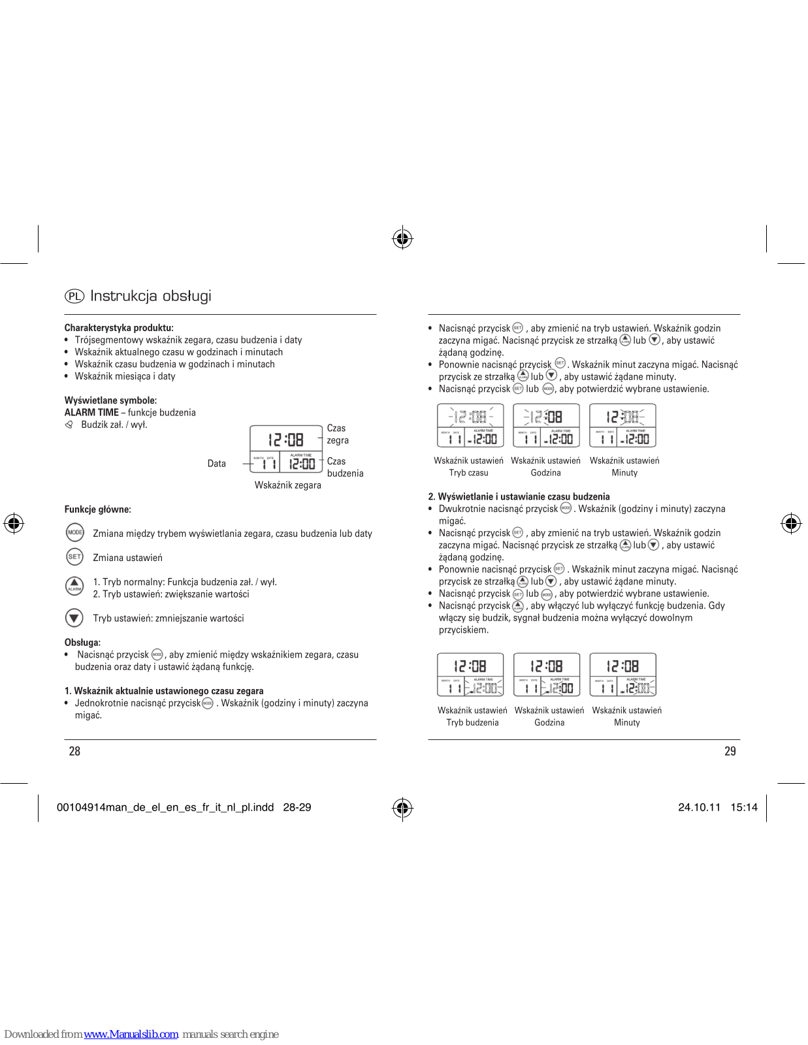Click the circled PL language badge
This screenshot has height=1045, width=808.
click(74, 297)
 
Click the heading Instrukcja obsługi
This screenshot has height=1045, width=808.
click(151, 297)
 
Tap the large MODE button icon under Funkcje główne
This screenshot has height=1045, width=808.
click(75, 532)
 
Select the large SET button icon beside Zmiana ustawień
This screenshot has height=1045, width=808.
click(75, 556)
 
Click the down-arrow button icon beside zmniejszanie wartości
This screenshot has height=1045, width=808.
click(74, 617)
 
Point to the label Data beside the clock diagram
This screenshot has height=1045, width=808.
click(216, 464)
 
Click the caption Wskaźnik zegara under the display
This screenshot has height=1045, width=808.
click(287, 485)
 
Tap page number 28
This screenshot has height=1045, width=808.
click(74, 751)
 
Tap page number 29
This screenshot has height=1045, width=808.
click(730, 751)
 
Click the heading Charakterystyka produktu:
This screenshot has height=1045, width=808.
click(119, 328)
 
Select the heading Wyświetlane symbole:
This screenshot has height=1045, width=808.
click(110, 400)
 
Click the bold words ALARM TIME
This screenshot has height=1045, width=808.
click(91, 413)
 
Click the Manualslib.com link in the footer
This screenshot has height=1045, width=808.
click(131, 1034)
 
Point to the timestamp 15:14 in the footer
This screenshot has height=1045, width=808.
click(744, 807)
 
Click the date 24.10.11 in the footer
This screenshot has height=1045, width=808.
click(699, 807)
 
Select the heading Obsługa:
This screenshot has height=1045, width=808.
click(82, 643)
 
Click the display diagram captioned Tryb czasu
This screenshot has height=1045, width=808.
click(470, 426)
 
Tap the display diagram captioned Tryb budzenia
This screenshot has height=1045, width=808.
click(470, 675)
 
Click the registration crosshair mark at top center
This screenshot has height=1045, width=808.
click(402, 238)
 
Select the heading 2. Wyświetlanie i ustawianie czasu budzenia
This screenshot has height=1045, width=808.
click(519, 497)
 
